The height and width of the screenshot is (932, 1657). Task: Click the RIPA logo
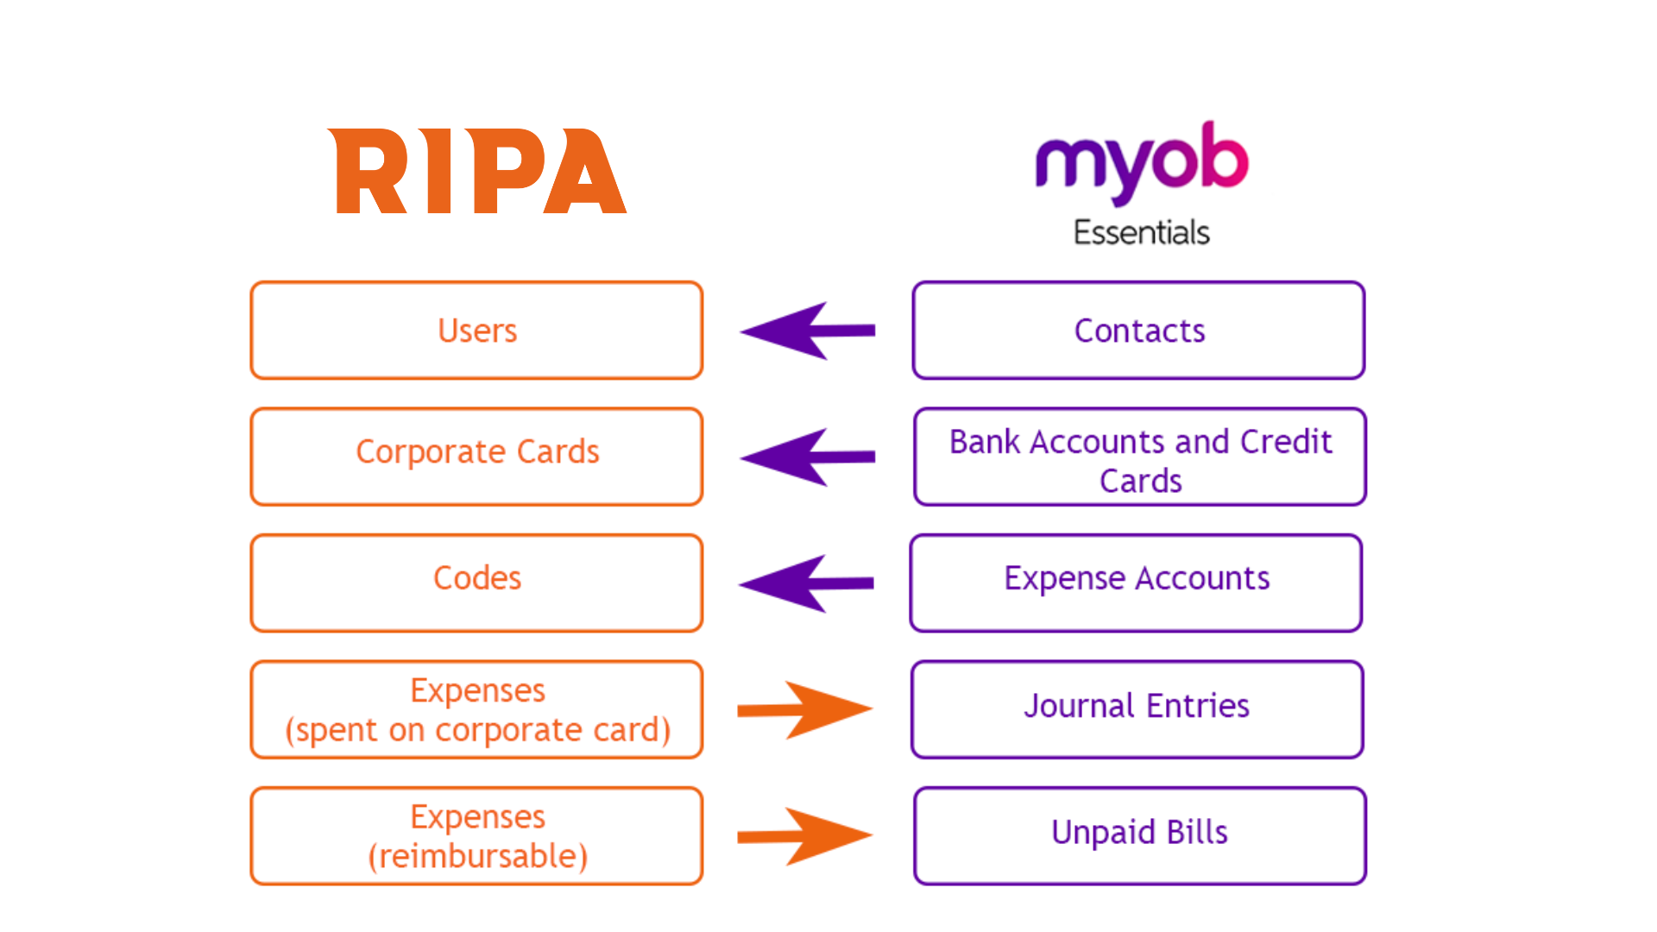coord(477,171)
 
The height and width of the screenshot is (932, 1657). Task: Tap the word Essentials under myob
coord(1141,232)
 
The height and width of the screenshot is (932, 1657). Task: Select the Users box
coord(476,331)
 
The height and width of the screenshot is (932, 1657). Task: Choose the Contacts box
coord(1138,331)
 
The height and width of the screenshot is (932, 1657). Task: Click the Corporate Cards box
coord(476,457)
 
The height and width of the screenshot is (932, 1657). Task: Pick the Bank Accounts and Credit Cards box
coord(1140,457)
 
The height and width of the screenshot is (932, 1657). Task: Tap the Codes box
coord(476,583)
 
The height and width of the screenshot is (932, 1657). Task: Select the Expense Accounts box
coord(1136,583)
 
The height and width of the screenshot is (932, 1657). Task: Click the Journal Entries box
coord(1137,709)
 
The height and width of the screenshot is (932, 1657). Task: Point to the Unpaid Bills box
coord(1139,835)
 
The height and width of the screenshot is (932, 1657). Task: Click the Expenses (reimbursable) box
coord(476,835)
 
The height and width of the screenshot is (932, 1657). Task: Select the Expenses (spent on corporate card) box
coord(476,709)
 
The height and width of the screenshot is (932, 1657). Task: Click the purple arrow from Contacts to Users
coord(807,331)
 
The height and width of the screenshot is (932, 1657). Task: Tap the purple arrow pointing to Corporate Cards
coord(807,457)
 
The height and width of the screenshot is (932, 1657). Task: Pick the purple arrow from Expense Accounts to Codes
coord(806,583)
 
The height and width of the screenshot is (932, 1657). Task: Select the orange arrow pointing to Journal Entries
coord(804,709)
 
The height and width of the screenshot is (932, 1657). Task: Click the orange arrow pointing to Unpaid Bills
coord(804,835)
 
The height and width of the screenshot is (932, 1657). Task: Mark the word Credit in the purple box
coord(1286,442)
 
